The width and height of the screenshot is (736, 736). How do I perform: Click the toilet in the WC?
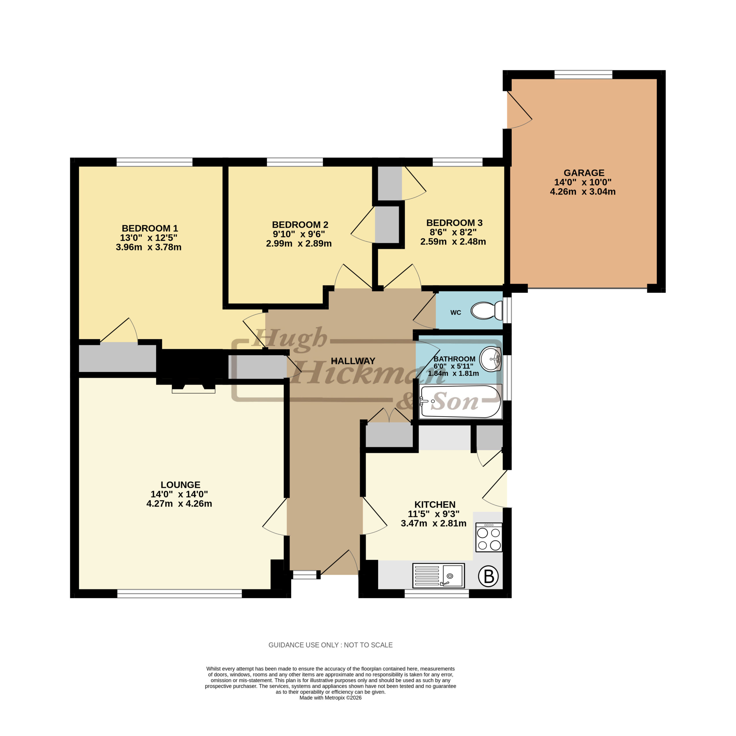pos(487,310)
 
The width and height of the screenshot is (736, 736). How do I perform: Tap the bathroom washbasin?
pos(491,359)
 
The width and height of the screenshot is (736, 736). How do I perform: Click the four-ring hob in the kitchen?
pos(489,537)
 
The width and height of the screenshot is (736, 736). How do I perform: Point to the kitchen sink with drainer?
pos(438,575)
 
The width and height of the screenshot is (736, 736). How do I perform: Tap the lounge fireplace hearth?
pos(193,389)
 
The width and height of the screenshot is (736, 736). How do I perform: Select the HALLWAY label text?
pos(353,361)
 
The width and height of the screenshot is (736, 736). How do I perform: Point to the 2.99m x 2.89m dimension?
pos(299,244)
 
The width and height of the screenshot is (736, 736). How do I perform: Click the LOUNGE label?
pos(181,484)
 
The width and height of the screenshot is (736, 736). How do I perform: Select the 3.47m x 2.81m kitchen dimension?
pos(434,524)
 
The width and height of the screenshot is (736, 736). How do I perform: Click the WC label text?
pos(456,313)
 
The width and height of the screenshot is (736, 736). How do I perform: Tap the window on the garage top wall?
pos(583,75)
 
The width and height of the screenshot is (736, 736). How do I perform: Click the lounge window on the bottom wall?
pos(179,593)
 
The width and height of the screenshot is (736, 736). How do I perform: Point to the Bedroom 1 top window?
pos(154,162)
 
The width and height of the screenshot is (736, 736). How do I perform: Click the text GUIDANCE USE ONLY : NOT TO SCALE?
pos(330,645)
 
